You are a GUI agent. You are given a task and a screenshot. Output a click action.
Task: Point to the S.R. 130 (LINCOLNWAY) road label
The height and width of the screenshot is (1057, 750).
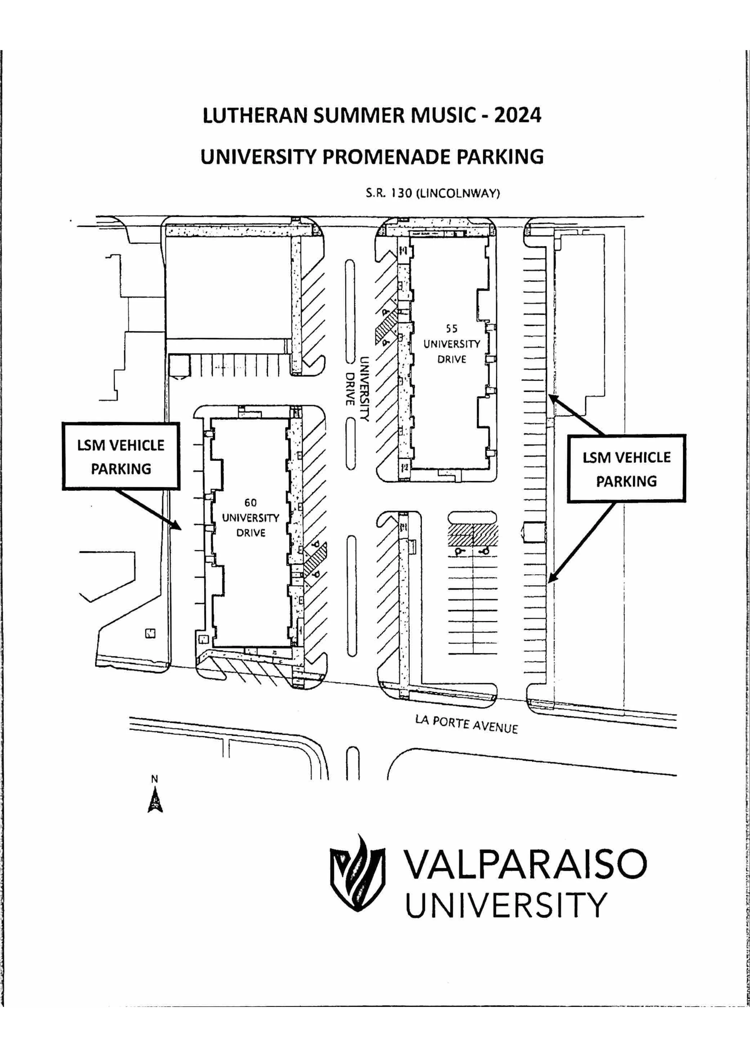point(433,193)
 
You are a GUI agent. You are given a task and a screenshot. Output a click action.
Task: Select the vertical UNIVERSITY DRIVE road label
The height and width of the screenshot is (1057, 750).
point(357,388)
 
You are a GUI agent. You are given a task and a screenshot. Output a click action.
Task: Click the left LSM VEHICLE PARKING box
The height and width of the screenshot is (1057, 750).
point(121,456)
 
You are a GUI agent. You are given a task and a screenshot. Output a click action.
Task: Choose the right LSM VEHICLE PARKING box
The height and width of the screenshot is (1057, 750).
point(626,469)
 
